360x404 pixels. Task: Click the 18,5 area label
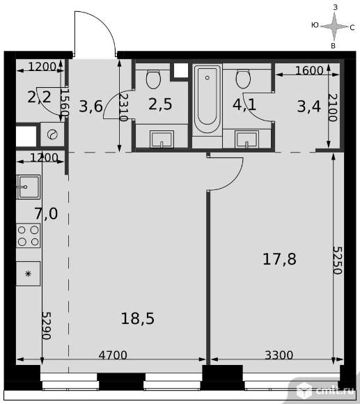pyautogui.click(x=137, y=318)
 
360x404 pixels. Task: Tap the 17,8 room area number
pyautogui.click(x=279, y=259)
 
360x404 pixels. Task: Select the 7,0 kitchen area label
pyautogui.click(x=47, y=214)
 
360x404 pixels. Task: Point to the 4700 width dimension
pyautogui.click(x=113, y=355)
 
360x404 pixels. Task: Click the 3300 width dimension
pyautogui.click(x=279, y=355)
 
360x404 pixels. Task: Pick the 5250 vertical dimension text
pyautogui.click(x=337, y=261)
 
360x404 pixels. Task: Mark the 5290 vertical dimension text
pyautogui.click(x=47, y=326)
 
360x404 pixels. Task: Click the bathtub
pyautogui.click(x=208, y=99)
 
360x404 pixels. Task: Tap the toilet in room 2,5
pyautogui.click(x=153, y=79)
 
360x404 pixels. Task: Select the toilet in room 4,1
pyautogui.click(x=243, y=79)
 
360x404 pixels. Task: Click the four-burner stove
pyautogui.click(x=29, y=235)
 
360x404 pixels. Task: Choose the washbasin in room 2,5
pyautogui.click(x=162, y=139)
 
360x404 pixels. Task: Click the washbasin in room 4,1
pyautogui.click(x=246, y=139)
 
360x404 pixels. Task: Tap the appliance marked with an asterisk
pyautogui.click(x=29, y=274)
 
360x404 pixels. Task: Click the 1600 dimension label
pyautogui.click(x=309, y=70)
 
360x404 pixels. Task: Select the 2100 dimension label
pyautogui.click(x=333, y=107)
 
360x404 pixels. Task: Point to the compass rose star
pyautogui.click(x=334, y=26)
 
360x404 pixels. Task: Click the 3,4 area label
pyautogui.click(x=308, y=106)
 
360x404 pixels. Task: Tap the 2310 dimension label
pyautogui.click(x=124, y=107)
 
